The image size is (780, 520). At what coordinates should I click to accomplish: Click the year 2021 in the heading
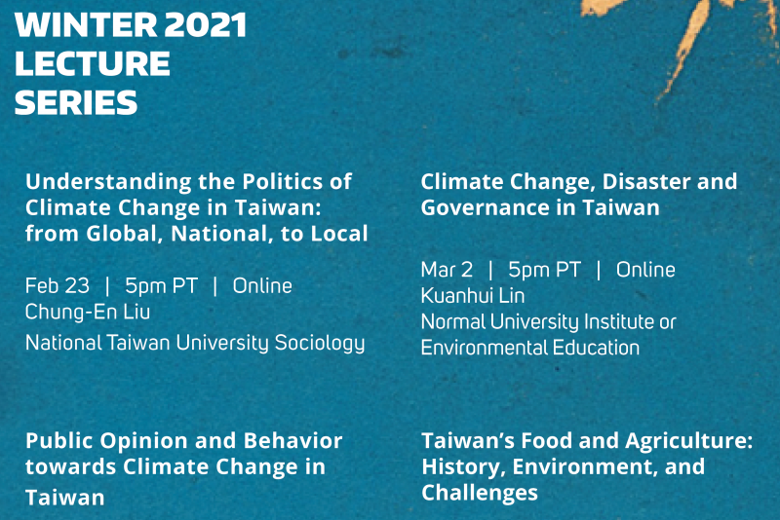click(205, 25)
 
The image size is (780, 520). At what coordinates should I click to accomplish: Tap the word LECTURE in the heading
click(93, 63)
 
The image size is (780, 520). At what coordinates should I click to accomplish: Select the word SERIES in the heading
click(76, 102)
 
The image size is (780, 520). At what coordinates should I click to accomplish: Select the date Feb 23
click(58, 285)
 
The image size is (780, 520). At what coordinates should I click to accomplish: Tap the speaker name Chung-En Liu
click(88, 312)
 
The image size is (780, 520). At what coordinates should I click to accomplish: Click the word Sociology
click(320, 343)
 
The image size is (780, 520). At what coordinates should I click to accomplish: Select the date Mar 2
click(447, 270)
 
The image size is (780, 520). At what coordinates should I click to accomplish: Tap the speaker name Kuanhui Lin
click(473, 296)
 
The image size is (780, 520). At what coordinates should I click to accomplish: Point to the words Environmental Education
click(530, 348)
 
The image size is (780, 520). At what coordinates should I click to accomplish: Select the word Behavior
click(293, 440)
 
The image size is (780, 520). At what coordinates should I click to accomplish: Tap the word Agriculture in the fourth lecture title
click(689, 441)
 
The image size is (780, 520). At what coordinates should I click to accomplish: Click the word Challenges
click(480, 493)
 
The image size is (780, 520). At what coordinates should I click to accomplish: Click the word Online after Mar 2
click(645, 270)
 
